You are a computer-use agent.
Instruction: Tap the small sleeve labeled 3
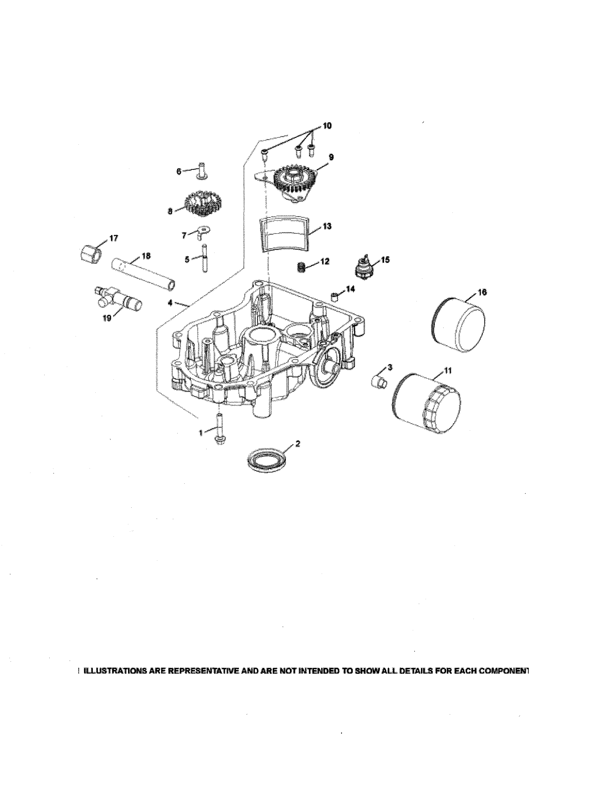click(379, 383)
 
